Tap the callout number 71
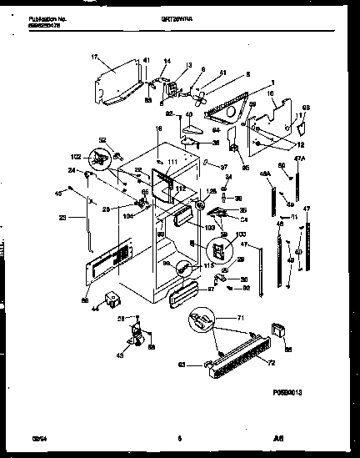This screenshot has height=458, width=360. click(x=241, y=318)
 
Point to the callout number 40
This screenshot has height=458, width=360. click(x=188, y=114)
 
